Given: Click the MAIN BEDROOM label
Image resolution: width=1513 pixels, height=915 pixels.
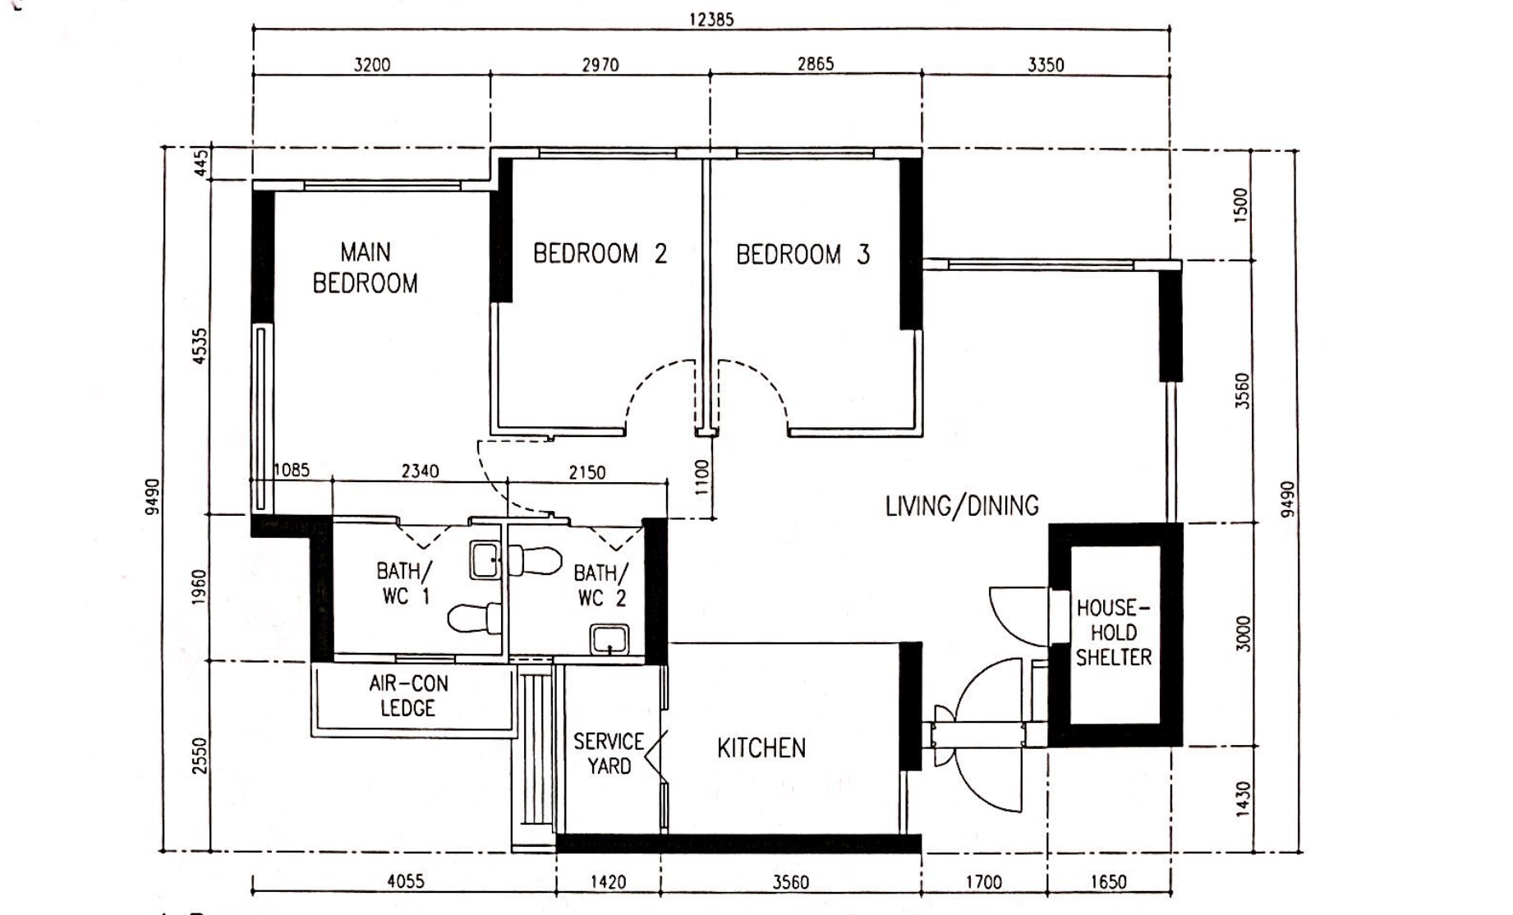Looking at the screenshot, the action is tap(366, 267).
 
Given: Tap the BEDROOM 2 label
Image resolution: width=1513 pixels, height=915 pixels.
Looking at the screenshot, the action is tap(600, 254).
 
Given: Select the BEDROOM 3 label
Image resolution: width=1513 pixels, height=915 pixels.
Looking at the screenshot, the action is tap(802, 255).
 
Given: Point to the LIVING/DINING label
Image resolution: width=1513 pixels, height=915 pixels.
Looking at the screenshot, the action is tap(962, 505).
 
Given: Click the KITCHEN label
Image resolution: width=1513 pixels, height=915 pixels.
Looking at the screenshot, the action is tap(761, 748).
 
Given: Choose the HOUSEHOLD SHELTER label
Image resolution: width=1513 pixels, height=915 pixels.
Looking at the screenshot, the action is tap(1114, 632).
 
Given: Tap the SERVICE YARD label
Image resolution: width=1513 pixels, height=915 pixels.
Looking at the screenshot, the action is tap(609, 754).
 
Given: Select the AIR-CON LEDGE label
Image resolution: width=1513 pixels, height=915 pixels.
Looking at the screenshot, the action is tap(408, 696).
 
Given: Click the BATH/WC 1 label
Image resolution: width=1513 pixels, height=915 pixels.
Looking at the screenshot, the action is tap(403, 583).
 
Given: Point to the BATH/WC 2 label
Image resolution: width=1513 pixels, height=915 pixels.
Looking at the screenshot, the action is tap(601, 585).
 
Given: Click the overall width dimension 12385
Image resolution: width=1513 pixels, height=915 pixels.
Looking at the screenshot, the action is tap(711, 19).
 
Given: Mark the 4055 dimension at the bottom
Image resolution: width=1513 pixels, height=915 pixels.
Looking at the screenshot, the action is tap(406, 882).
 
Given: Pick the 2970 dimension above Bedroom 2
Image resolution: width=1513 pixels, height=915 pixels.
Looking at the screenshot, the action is tap(600, 65).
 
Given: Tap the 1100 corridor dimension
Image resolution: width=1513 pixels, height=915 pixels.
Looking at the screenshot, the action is tap(701, 476).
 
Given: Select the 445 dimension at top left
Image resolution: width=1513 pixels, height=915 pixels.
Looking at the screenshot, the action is tap(200, 163).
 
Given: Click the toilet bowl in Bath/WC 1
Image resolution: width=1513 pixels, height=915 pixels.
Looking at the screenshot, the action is tap(476, 618).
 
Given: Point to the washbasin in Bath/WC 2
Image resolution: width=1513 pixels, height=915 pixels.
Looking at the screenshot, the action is tap(609, 639).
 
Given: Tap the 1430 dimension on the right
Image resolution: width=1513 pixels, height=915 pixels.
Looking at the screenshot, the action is tap(1242, 798).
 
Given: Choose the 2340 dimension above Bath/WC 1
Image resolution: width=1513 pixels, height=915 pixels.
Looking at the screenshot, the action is tap(420, 471).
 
